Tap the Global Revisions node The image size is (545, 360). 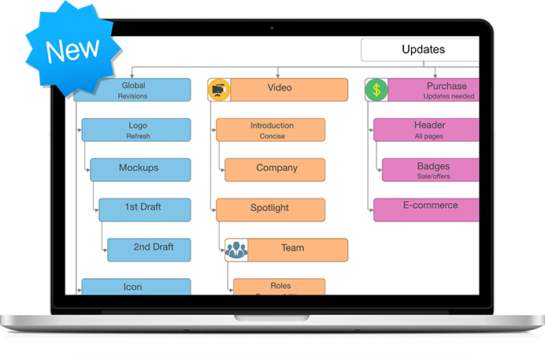[132, 90]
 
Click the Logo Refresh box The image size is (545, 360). [136, 130]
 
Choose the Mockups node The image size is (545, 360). [140, 169]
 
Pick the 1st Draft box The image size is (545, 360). [144, 209]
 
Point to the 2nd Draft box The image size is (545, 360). [149, 249]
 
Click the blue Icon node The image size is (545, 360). [136, 287]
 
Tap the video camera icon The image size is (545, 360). [219, 90]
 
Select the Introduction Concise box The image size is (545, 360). [271, 130]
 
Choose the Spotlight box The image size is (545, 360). [271, 210]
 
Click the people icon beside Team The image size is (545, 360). [236, 250]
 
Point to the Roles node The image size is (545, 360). [280, 287]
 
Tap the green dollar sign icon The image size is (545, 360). [376, 90]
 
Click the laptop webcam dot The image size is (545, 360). [272, 28]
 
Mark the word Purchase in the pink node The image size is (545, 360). [447, 86]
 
